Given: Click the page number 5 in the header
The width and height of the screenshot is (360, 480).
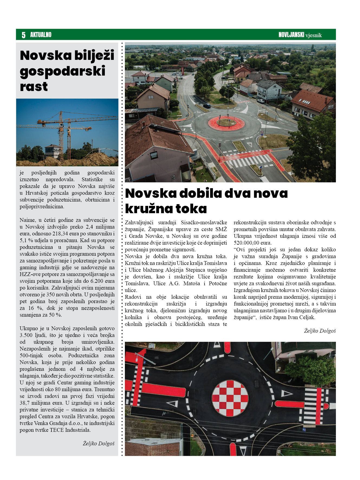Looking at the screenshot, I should [24, 35].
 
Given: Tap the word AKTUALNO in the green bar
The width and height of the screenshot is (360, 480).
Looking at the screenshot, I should [41, 35].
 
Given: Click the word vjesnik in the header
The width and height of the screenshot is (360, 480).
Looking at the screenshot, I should [313, 35].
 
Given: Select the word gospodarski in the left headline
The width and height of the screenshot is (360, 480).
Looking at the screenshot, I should [62, 71].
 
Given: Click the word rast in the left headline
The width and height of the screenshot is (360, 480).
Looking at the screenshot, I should [34, 87].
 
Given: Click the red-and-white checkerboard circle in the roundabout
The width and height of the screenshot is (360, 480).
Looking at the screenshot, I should [230, 398].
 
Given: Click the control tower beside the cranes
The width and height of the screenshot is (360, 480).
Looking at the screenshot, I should [52, 151].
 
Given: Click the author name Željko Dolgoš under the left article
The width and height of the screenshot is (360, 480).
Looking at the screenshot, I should [99, 443].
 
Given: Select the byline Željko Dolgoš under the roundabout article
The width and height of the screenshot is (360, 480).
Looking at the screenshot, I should [320, 331].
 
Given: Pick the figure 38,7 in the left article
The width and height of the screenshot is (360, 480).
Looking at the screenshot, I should [25, 403].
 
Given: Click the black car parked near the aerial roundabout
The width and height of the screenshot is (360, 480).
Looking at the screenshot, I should [207, 106].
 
